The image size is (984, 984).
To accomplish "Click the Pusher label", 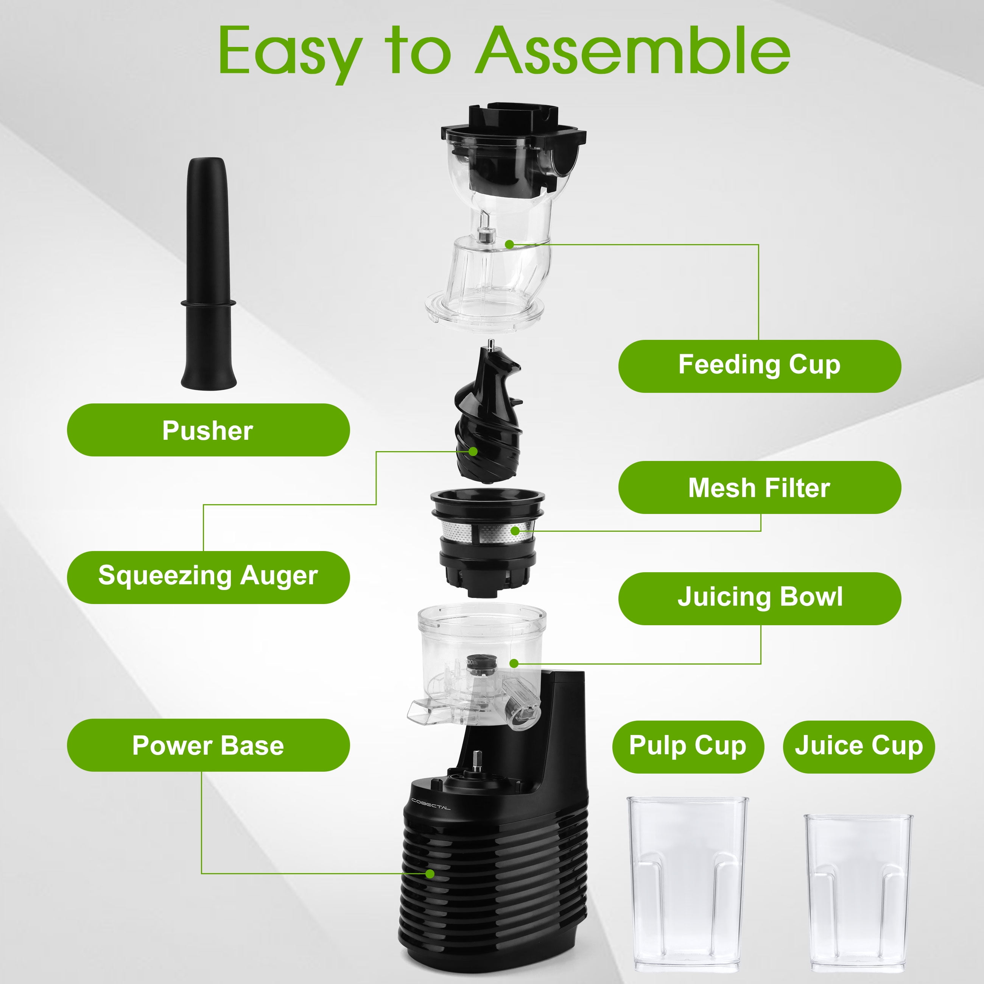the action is pos(208,430).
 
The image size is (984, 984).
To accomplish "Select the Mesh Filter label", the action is pos(760,487).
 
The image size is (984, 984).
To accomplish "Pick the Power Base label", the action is pos(208,745).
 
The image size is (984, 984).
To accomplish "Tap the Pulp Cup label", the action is pos(688,747).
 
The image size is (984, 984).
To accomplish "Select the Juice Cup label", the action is pos(859,747).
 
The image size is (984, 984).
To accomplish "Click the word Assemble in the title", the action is pos(633,51).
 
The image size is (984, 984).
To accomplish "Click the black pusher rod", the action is pos(208,274).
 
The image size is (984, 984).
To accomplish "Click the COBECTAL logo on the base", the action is pos(431,804).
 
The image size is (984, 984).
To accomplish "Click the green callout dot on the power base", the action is pos(430,874).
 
